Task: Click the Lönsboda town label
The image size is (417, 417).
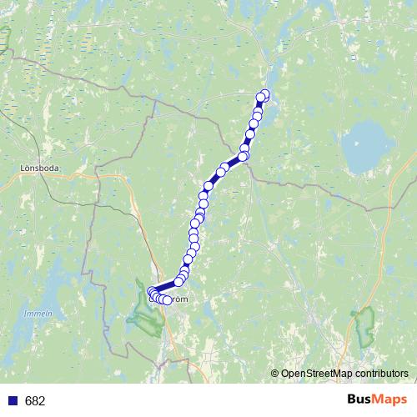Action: [x=36, y=167]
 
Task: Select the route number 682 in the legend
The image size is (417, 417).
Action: [x=35, y=401]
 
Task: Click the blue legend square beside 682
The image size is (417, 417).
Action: [x=12, y=401]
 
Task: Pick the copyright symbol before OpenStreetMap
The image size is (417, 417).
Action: [x=275, y=374]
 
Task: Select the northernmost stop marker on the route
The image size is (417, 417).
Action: [x=266, y=93]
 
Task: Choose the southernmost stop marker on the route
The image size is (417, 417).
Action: [x=167, y=300]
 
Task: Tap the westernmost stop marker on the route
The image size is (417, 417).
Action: [x=152, y=291]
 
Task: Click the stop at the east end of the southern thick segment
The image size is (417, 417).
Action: [x=178, y=281]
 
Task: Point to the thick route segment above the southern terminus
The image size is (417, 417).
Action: [x=166, y=286]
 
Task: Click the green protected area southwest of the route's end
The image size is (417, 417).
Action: [x=143, y=315]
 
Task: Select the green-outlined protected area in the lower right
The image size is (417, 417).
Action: [x=364, y=327]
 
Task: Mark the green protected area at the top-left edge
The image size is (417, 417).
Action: [x=4, y=38]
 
